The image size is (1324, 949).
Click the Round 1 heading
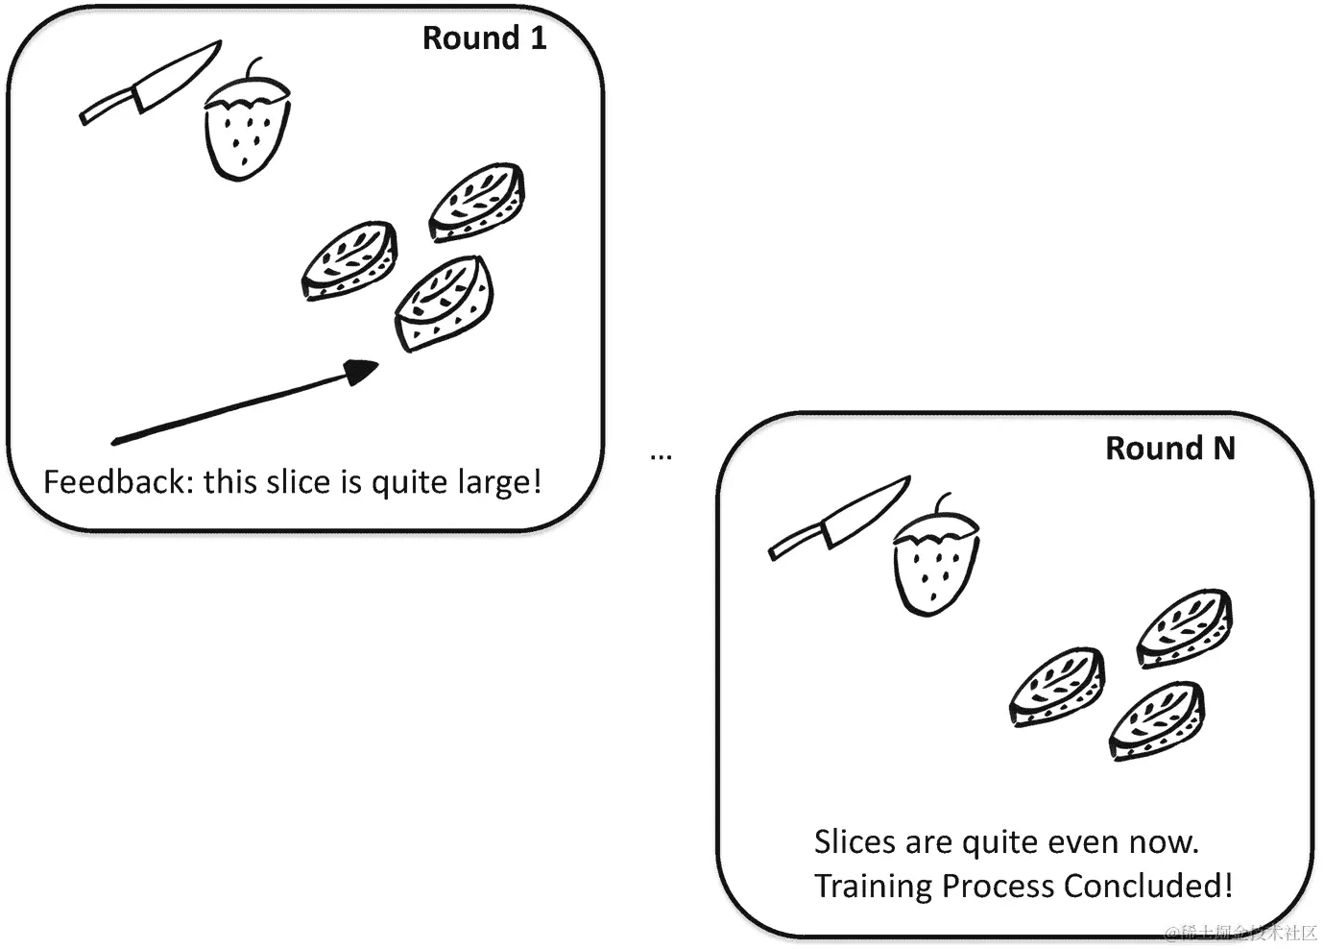484,38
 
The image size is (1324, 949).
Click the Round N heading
1169,449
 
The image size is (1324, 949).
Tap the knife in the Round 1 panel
149,84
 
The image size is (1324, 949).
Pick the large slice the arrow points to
445,303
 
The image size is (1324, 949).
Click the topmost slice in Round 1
477,201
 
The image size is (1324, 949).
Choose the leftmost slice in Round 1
350,260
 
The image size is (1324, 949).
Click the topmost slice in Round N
1185,627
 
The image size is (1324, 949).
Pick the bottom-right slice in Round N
1158,720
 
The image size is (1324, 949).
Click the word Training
873,886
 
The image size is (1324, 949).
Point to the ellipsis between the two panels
661,456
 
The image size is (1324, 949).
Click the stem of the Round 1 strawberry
254,69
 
